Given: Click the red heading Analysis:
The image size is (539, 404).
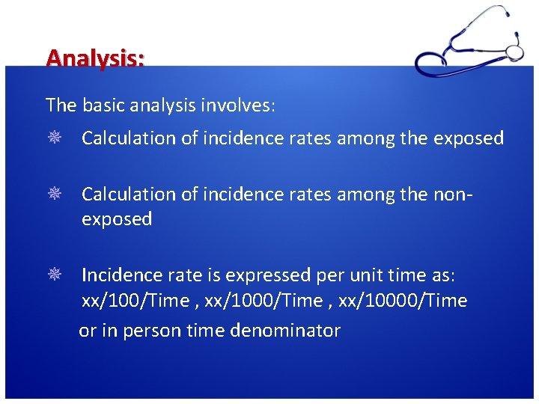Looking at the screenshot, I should [95, 58].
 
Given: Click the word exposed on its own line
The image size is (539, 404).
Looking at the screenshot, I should [117, 220].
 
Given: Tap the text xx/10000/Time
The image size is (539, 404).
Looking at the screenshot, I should [403, 302].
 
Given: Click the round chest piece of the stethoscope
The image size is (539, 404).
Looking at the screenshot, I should [515, 52].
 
